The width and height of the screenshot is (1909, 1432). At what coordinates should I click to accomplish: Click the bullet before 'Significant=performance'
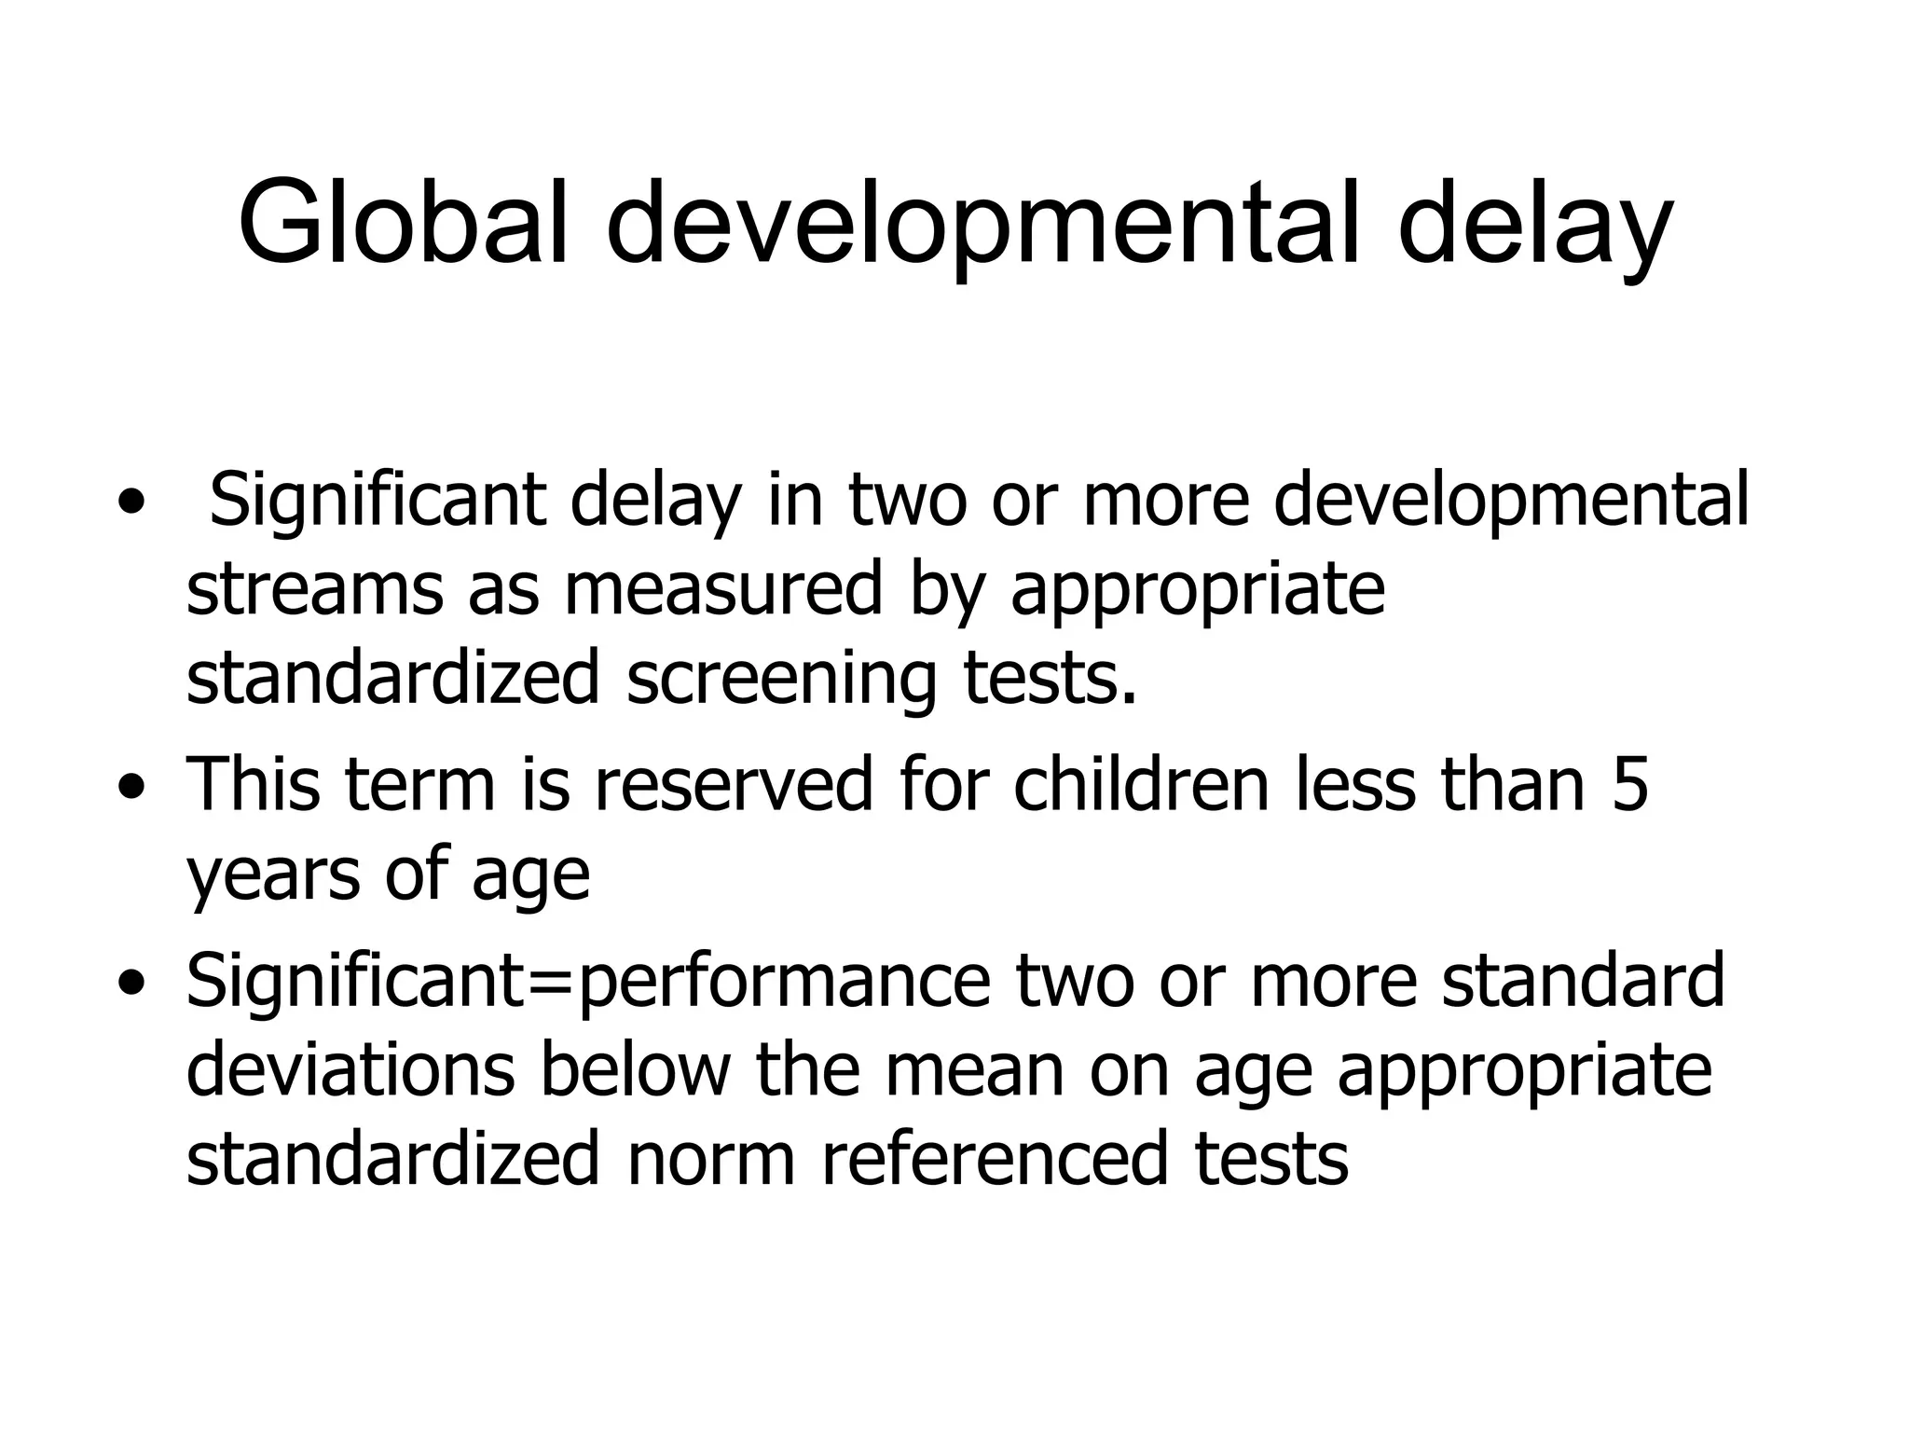(x=131, y=984)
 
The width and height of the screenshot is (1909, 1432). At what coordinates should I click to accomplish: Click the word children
(x=1141, y=783)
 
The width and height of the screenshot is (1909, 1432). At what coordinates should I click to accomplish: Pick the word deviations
(x=350, y=1069)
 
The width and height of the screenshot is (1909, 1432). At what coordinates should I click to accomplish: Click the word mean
(x=974, y=1069)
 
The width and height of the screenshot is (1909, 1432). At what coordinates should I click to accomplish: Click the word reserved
(x=733, y=784)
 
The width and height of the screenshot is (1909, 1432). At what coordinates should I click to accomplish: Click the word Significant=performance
(x=587, y=982)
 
